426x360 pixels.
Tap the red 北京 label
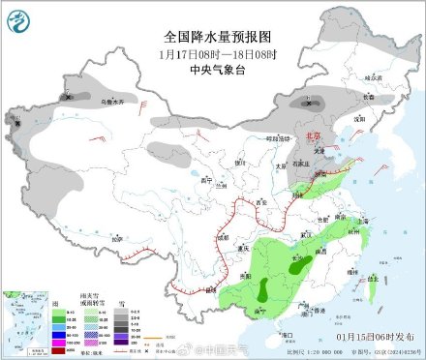tap(306, 137)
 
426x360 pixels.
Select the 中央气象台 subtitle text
tap(214, 69)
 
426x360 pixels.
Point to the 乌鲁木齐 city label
tap(86, 99)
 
